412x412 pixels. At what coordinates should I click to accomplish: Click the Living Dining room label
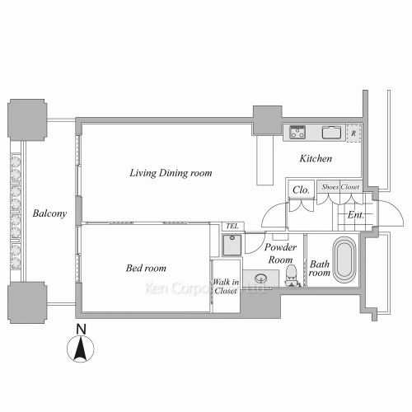pyautogui.click(x=171, y=173)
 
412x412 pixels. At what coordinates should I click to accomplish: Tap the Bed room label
pyautogui.click(x=146, y=268)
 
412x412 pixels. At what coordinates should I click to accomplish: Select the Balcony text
pyautogui.click(x=49, y=214)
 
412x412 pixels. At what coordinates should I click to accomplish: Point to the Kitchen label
pyautogui.click(x=315, y=157)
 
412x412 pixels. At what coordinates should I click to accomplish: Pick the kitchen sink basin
pyautogui.click(x=331, y=132)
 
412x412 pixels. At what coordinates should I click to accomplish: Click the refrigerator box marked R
pyautogui.click(x=353, y=133)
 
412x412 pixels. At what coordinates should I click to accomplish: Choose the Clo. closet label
pyautogui.click(x=301, y=190)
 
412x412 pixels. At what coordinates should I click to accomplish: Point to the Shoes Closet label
pyautogui.click(x=339, y=187)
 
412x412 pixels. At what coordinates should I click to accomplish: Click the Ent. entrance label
pyautogui.click(x=356, y=215)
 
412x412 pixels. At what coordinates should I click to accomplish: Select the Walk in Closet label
pyautogui.click(x=225, y=287)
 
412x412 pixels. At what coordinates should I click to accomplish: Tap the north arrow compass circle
pyautogui.click(x=79, y=352)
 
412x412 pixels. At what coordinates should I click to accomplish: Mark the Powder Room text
pyautogui.click(x=280, y=253)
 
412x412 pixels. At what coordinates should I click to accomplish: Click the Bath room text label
pyautogui.click(x=319, y=268)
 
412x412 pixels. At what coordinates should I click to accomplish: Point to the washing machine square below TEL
pyautogui.click(x=232, y=245)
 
